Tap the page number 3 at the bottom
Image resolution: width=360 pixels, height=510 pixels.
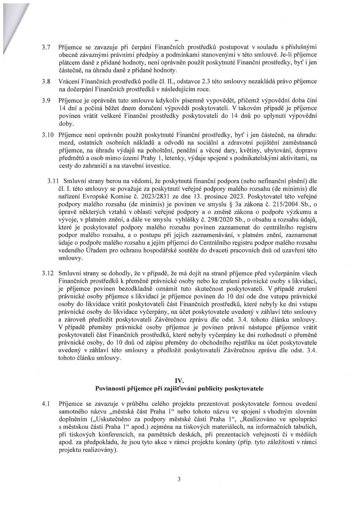click(x=179, y=479)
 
